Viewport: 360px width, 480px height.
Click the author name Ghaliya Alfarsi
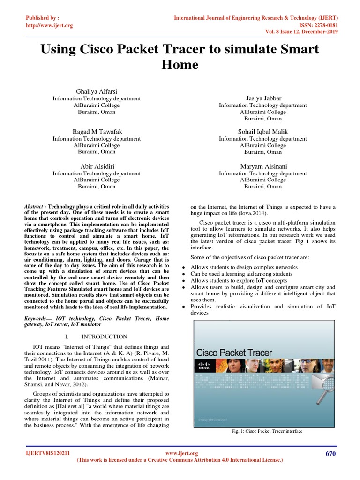(x=96, y=90)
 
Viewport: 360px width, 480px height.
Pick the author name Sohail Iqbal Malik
(x=263, y=131)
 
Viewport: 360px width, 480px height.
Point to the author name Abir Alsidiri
(x=96, y=166)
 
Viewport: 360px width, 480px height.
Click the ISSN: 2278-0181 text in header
(x=317, y=25)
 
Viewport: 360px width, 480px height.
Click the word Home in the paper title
(x=180, y=64)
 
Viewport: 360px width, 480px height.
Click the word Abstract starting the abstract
(x=33, y=206)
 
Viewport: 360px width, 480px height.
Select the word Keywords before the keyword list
(x=37, y=318)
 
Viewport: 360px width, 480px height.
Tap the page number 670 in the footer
(x=330, y=453)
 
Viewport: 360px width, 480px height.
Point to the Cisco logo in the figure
(x=204, y=366)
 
